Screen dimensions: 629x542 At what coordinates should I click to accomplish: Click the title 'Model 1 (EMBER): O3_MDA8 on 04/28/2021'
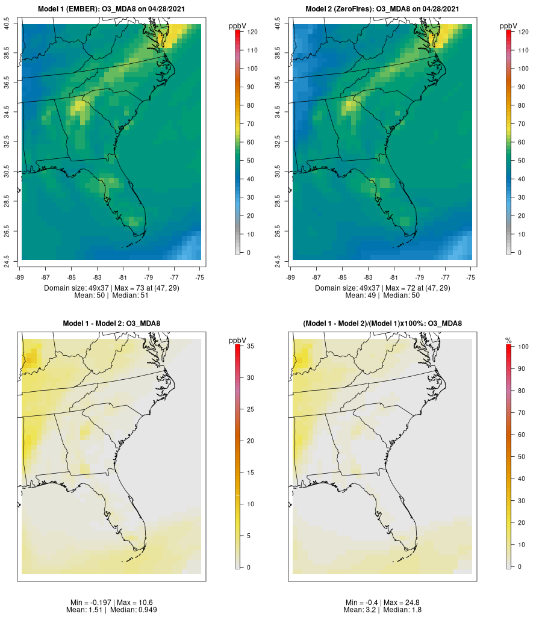(111, 9)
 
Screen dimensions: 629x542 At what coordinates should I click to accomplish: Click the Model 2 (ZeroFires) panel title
(382, 9)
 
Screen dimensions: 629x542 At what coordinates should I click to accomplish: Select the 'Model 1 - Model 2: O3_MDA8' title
(111, 324)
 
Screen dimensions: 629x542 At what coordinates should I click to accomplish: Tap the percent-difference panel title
(382, 324)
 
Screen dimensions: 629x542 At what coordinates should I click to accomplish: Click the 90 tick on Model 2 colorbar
(523, 87)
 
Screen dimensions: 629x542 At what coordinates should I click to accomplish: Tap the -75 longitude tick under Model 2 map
(471, 277)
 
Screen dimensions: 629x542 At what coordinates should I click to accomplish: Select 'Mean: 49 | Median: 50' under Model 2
(382, 296)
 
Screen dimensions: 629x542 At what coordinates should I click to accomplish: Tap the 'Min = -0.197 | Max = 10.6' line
(111, 603)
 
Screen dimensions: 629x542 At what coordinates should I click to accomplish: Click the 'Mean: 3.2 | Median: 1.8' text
(382, 610)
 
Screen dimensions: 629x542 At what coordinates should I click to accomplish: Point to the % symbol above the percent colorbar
(508, 341)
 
